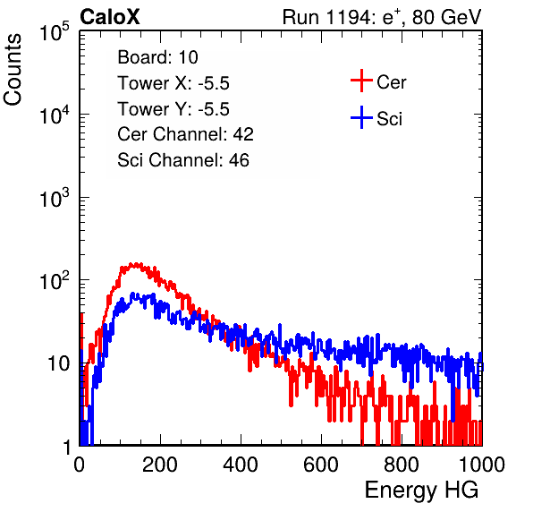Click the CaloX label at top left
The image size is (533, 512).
(110, 17)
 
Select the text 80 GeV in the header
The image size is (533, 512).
(447, 17)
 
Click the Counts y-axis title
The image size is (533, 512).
(13, 70)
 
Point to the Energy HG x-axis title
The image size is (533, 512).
(422, 491)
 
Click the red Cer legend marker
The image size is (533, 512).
(361, 81)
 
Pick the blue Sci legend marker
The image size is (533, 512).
(361, 117)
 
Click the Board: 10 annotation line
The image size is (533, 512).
(157, 57)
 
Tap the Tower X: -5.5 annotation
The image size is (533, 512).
(173, 83)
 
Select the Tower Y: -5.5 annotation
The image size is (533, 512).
(173, 109)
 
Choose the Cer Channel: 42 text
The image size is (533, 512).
(186, 134)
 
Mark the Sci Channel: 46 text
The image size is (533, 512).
(183, 160)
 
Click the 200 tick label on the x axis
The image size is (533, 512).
(160, 465)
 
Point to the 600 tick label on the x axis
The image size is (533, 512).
(321, 465)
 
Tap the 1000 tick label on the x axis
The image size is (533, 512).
(482, 465)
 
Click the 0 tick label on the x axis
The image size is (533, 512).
(80, 465)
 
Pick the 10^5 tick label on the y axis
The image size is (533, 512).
(55, 32)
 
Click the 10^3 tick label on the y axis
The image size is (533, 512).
(55, 198)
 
